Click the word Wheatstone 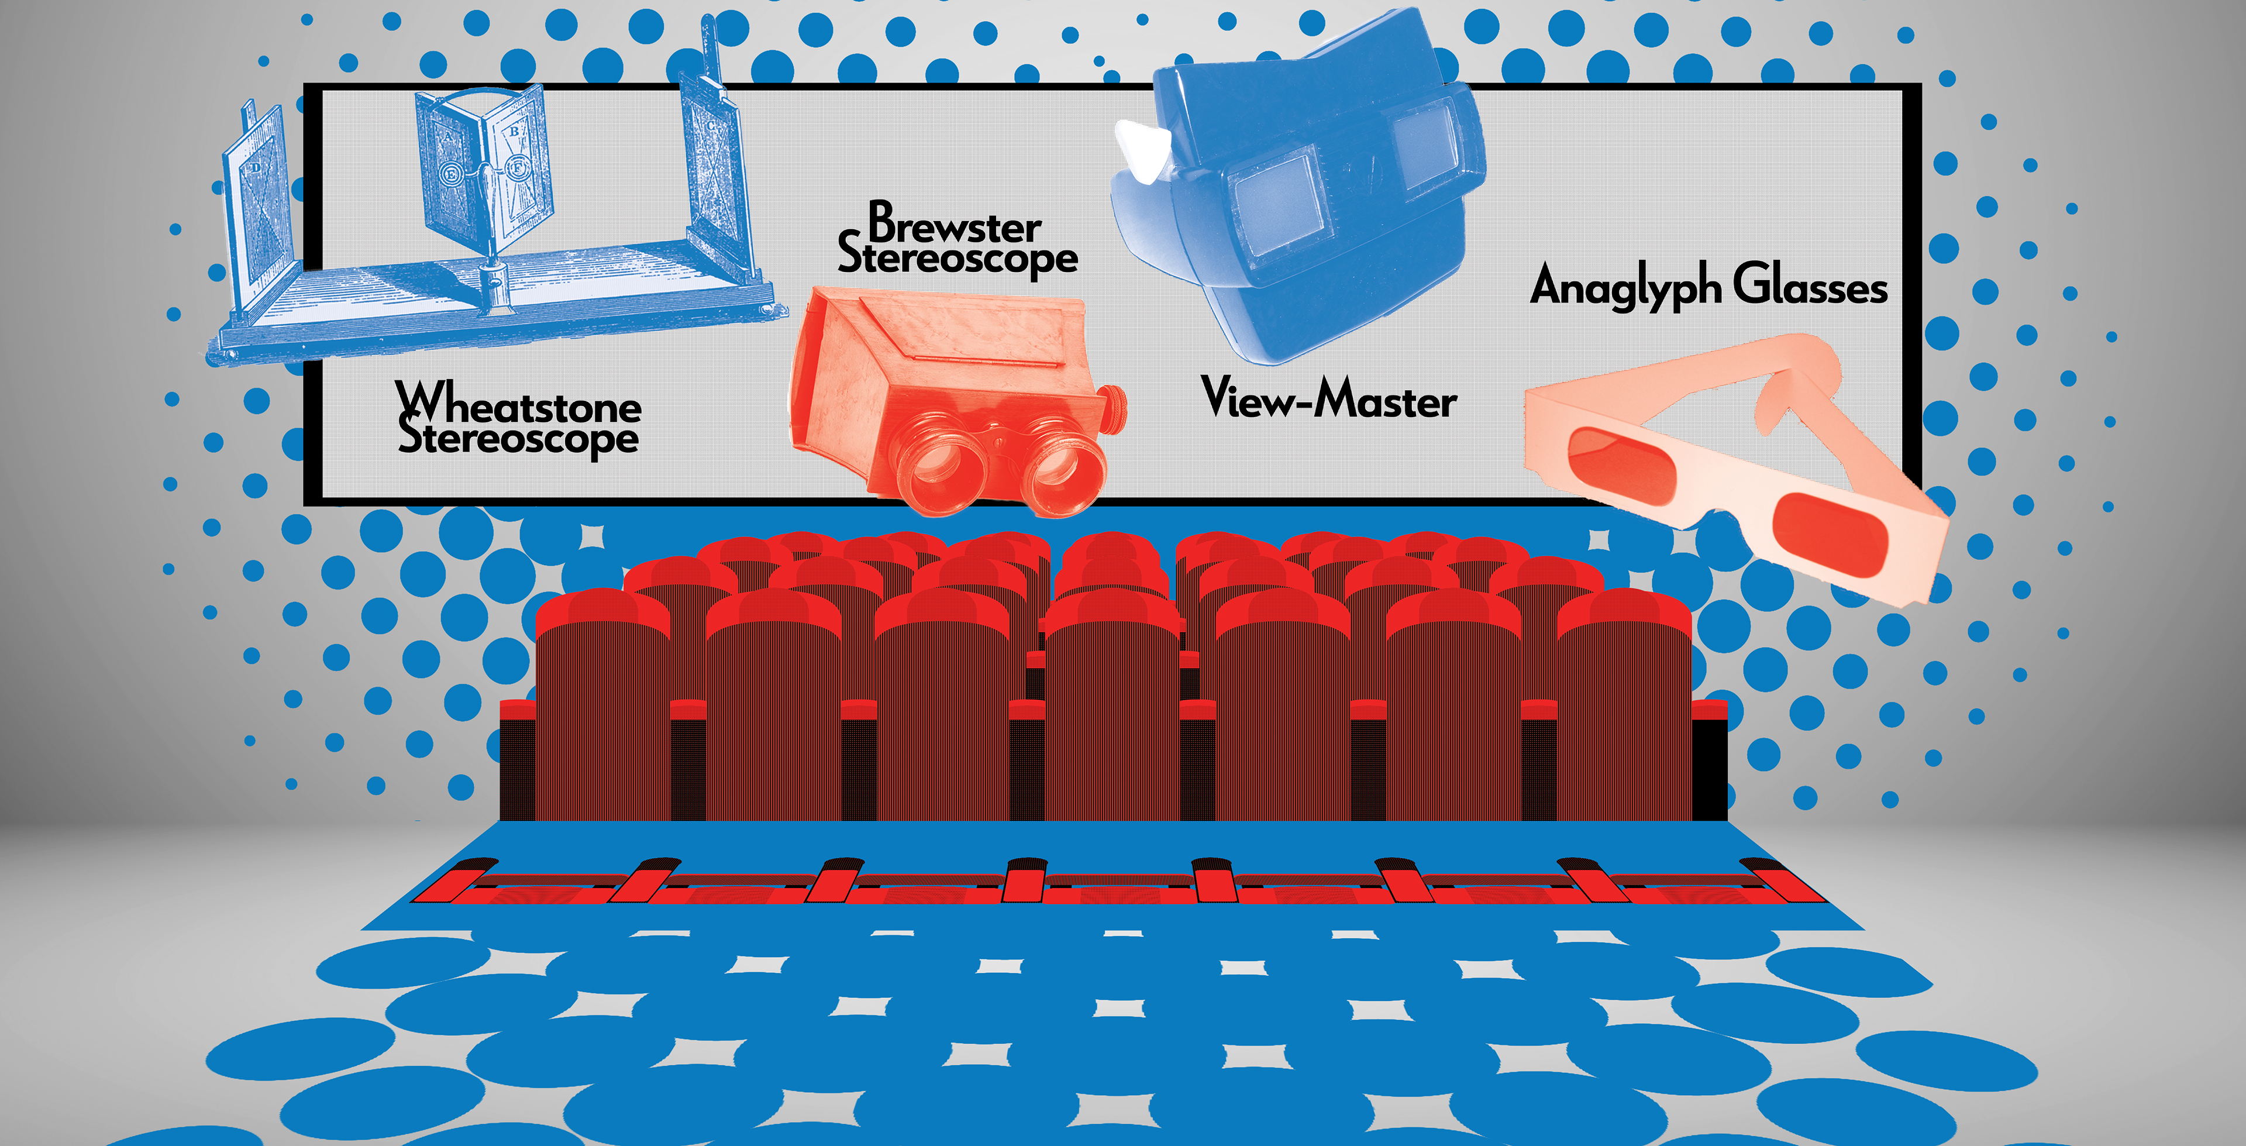[519, 405]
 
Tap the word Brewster [955, 225]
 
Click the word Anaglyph [1625, 286]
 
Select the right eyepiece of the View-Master [1421, 140]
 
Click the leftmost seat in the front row [602, 707]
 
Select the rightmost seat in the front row [1624, 707]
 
